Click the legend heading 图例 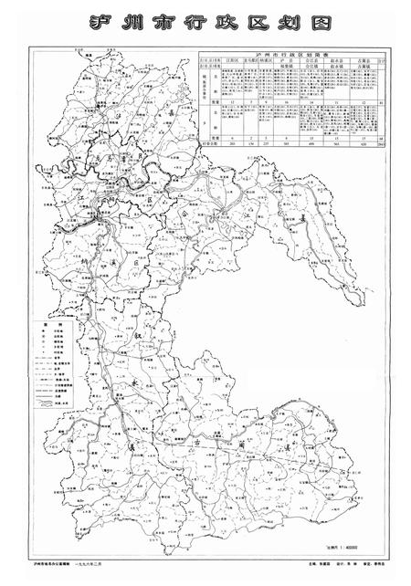coord(42,323)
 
